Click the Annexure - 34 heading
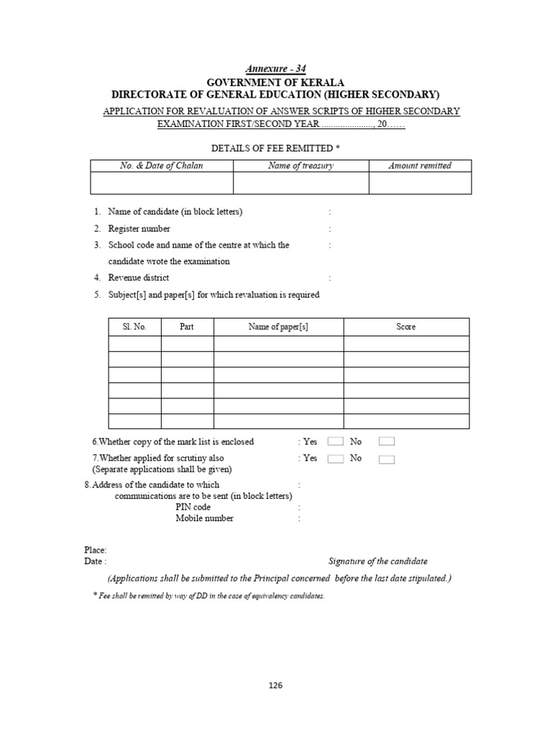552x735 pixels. pyautogui.click(x=275, y=69)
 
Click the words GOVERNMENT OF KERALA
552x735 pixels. pyautogui.click(x=276, y=82)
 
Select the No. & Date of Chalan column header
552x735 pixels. pyautogui.click(x=161, y=166)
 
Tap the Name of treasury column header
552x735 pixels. pyautogui.click(x=300, y=166)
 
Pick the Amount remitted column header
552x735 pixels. pyautogui.click(x=420, y=166)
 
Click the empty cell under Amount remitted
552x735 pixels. pyautogui.click(x=420, y=183)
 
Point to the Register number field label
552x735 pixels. pyautogui.click(x=139, y=229)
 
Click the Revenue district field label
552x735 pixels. pyautogui.click(x=139, y=278)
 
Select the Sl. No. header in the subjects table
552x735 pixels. pyautogui.click(x=134, y=327)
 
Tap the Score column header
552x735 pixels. pyautogui.click(x=406, y=327)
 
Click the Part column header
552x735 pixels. pyautogui.click(x=187, y=327)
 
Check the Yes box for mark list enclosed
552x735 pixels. pyautogui.click(x=335, y=441)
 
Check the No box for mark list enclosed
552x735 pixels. pyautogui.click(x=387, y=441)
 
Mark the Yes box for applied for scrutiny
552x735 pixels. pyautogui.click(x=335, y=459)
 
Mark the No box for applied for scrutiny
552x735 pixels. pyautogui.click(x=387, y=459)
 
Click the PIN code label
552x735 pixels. pyautogui.click(x=193, y=507)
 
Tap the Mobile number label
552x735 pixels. pyautogui.click(x=204, y=518)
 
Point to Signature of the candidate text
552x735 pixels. pyautogui.click(x=377, y=561)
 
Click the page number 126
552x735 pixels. pyautogui.click(x=276, y=685)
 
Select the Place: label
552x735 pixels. pyautogui.click(x=96, y=550)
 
